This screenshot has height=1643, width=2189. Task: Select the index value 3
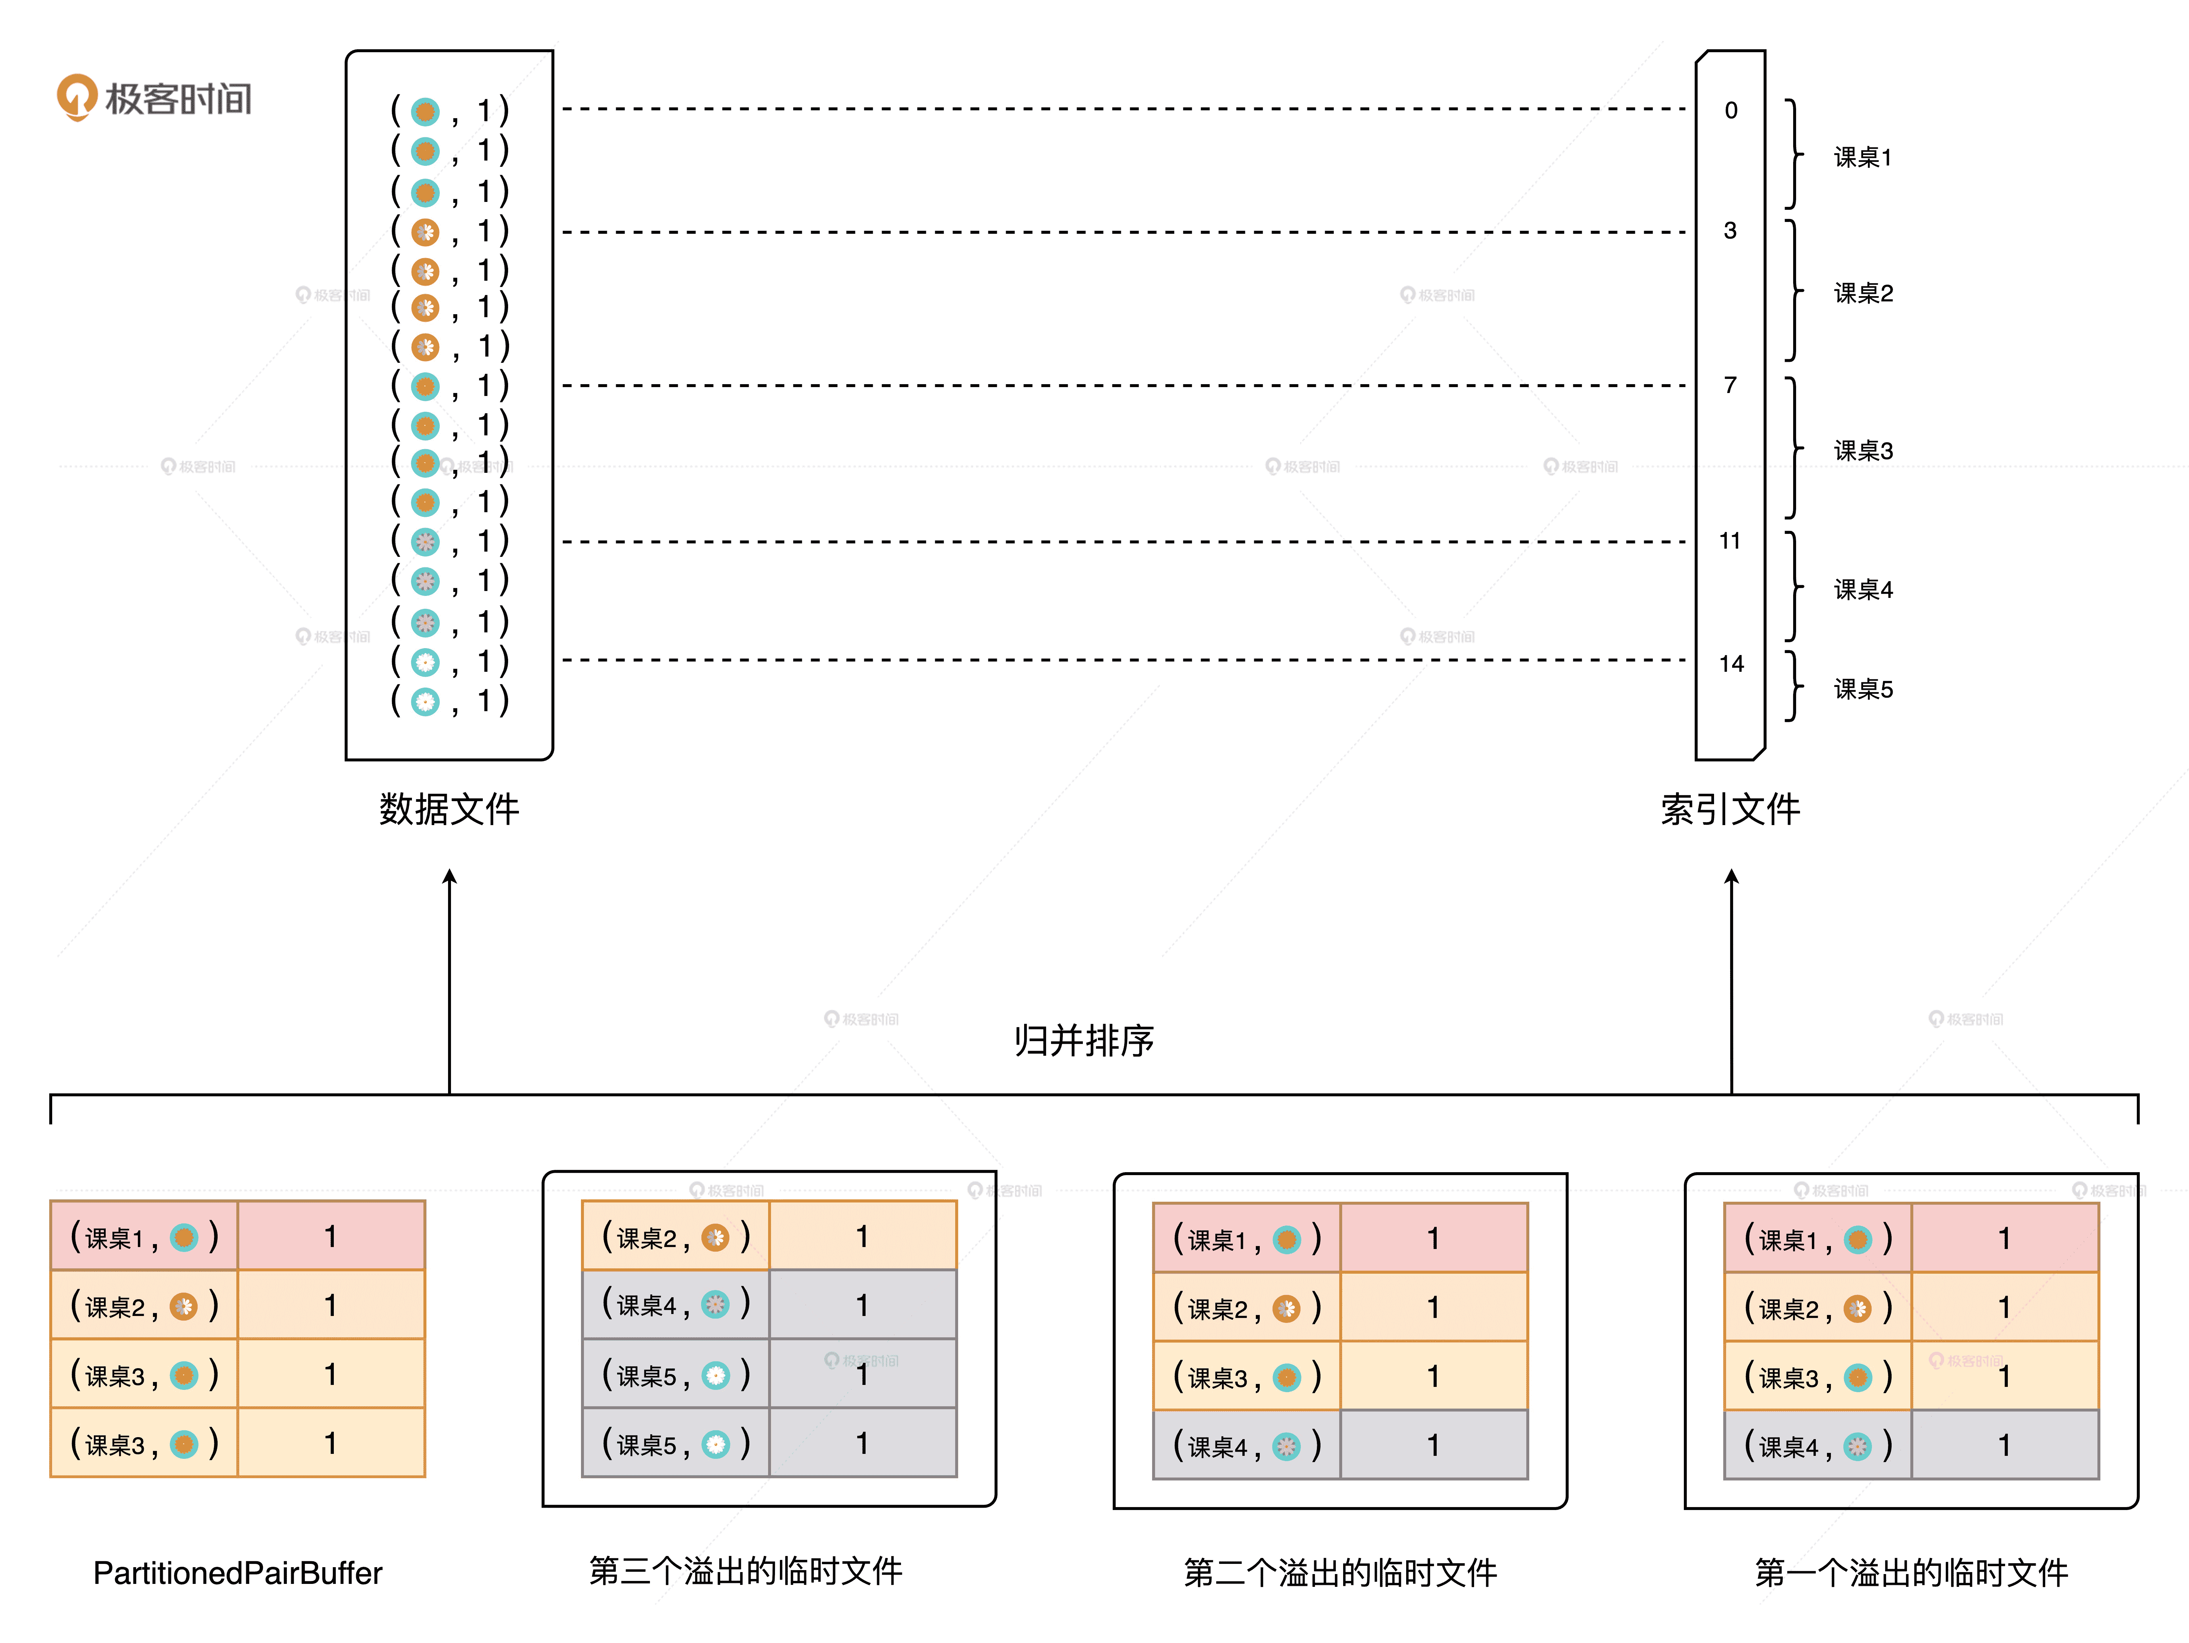click(x=1730, y=230)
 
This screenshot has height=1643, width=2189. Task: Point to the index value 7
click(x=1730, y=385)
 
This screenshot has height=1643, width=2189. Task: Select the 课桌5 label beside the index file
click(x=1862, y=689)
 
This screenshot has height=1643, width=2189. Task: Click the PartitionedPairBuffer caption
click(x=238, y=1573)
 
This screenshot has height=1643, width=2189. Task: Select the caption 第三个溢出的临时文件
click(x=745, y=1571)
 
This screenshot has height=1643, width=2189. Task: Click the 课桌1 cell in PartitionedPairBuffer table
click(x=143, y=1236)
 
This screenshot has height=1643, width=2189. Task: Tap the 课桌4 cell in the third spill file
click(x=675, y=1304)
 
